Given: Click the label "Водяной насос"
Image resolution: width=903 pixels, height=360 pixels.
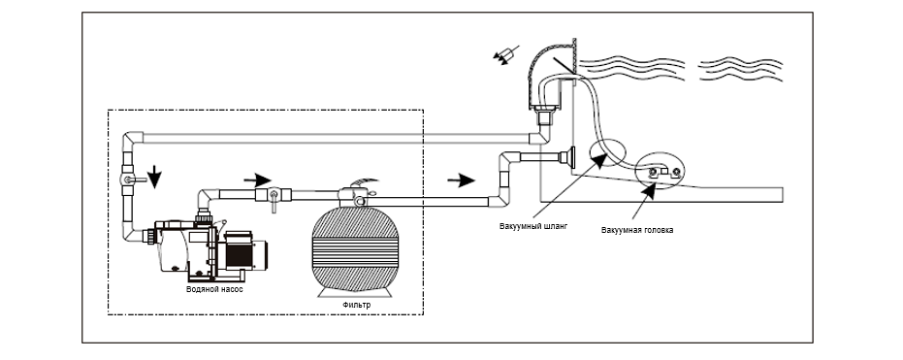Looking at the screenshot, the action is [x=214, y=289].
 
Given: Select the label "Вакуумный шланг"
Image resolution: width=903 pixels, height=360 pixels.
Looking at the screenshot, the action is [x=533, y=226].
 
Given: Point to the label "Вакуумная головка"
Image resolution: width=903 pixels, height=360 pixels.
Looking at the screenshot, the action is [x=637, y=230].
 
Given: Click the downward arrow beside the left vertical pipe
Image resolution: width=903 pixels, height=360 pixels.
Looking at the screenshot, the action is [x=154, y=177].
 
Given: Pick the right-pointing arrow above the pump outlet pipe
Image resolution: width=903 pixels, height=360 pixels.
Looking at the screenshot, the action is [x=257, y=180].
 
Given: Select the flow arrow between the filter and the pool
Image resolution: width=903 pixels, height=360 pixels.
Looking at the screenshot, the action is [x=461, y=180].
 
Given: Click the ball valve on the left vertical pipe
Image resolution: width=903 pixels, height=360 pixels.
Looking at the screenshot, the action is [x=129, y=180].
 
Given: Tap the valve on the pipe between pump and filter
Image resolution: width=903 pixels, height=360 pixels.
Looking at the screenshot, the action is [x=274, y=196].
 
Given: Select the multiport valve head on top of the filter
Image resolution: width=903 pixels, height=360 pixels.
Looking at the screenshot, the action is [x=355, y=196].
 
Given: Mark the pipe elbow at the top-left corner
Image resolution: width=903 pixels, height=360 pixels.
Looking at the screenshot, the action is [x=133, y=139].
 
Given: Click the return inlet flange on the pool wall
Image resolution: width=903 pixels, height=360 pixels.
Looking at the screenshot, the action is [x=569, y=158].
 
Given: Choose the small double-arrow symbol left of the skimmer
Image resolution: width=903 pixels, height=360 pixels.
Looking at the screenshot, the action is [x=505, y=54].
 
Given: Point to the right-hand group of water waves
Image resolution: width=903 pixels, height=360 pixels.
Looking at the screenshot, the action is [x=739, y=70].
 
